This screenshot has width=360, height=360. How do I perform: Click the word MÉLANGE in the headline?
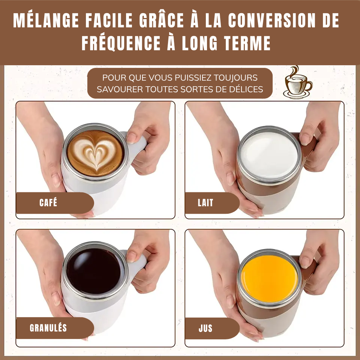click(x=46, y=20)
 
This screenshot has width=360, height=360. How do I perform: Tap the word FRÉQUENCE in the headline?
click(x=121, y=43)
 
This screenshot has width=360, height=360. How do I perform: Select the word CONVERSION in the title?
click(x=272, y=20)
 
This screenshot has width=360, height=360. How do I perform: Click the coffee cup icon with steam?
click(x=298, y=82)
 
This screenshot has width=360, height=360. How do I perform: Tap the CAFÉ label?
click(x=48, y=202)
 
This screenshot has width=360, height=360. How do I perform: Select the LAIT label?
click(x=205, y=203)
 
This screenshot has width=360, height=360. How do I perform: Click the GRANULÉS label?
click(x=48, y=328)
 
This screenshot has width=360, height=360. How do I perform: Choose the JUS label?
click(x=205, y=328)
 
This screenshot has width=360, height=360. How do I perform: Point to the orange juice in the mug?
click(x=269, y=279)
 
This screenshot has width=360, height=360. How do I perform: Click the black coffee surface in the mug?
click(x=94, y=271)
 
